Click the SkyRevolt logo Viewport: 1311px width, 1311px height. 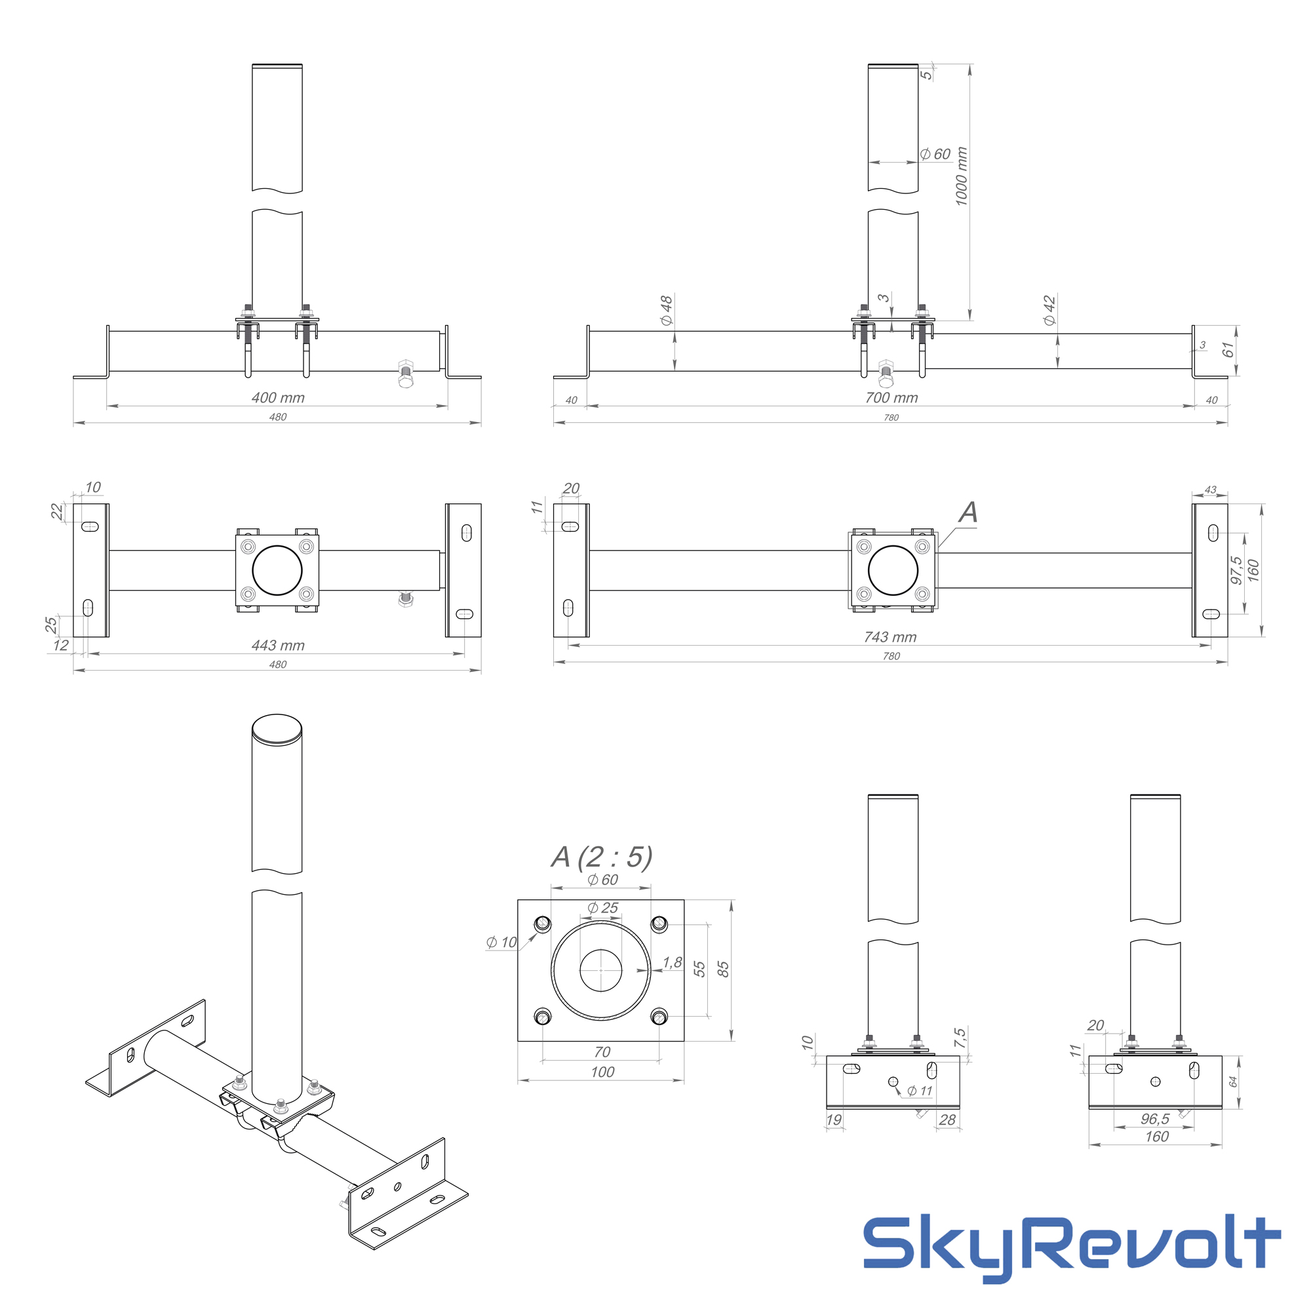(1072, 1242)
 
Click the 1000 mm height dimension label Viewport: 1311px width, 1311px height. (961, 176)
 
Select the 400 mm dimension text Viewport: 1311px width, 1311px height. (278, 398)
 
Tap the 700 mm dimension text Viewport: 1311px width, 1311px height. (891, 398)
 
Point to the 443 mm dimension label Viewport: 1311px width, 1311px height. (278, 645)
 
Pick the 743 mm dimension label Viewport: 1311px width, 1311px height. (890, 637)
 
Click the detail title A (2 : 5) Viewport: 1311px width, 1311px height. (602, 857)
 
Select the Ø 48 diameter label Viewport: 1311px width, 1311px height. (667, 310)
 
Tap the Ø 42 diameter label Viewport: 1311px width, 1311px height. (1049, 310)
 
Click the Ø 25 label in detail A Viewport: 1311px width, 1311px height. (602, 908)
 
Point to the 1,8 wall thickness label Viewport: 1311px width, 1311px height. (673, 962)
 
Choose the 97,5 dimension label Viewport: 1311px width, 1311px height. (1236, 570)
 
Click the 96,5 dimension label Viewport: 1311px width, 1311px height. (1155, 1119)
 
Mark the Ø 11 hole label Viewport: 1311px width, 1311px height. (920, 1091)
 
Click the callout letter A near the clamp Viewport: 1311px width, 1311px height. (968, 513)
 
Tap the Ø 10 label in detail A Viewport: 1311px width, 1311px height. (501, 942)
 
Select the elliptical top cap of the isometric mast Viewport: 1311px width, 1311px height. (277, 730)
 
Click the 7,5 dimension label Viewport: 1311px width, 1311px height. (960, 1038)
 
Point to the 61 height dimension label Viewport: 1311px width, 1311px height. (1228, 350)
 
